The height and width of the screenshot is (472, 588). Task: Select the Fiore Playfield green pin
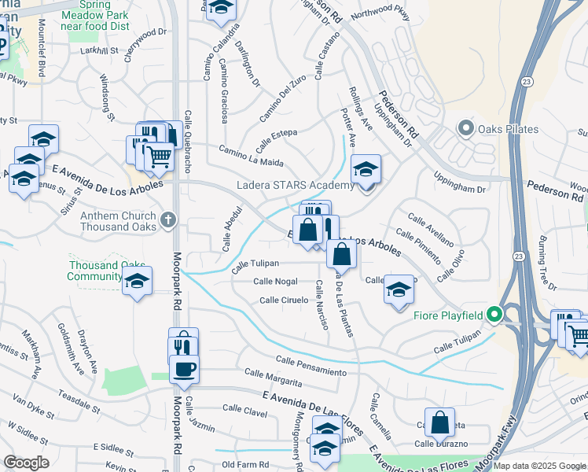click(494, 315)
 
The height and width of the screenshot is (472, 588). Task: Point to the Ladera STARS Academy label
click(296, 186)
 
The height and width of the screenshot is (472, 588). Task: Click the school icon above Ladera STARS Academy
click(366, 170)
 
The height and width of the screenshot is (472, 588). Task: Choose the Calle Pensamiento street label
click(311, 365)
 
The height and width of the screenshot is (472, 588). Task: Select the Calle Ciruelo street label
click(284, 301)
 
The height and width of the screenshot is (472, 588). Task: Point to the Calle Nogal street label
click(275, 282)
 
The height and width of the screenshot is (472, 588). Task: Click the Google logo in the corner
click(26, 463)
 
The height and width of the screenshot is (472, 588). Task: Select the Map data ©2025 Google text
click(539, 466)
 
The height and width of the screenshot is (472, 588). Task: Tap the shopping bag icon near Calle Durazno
click(440, 422)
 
